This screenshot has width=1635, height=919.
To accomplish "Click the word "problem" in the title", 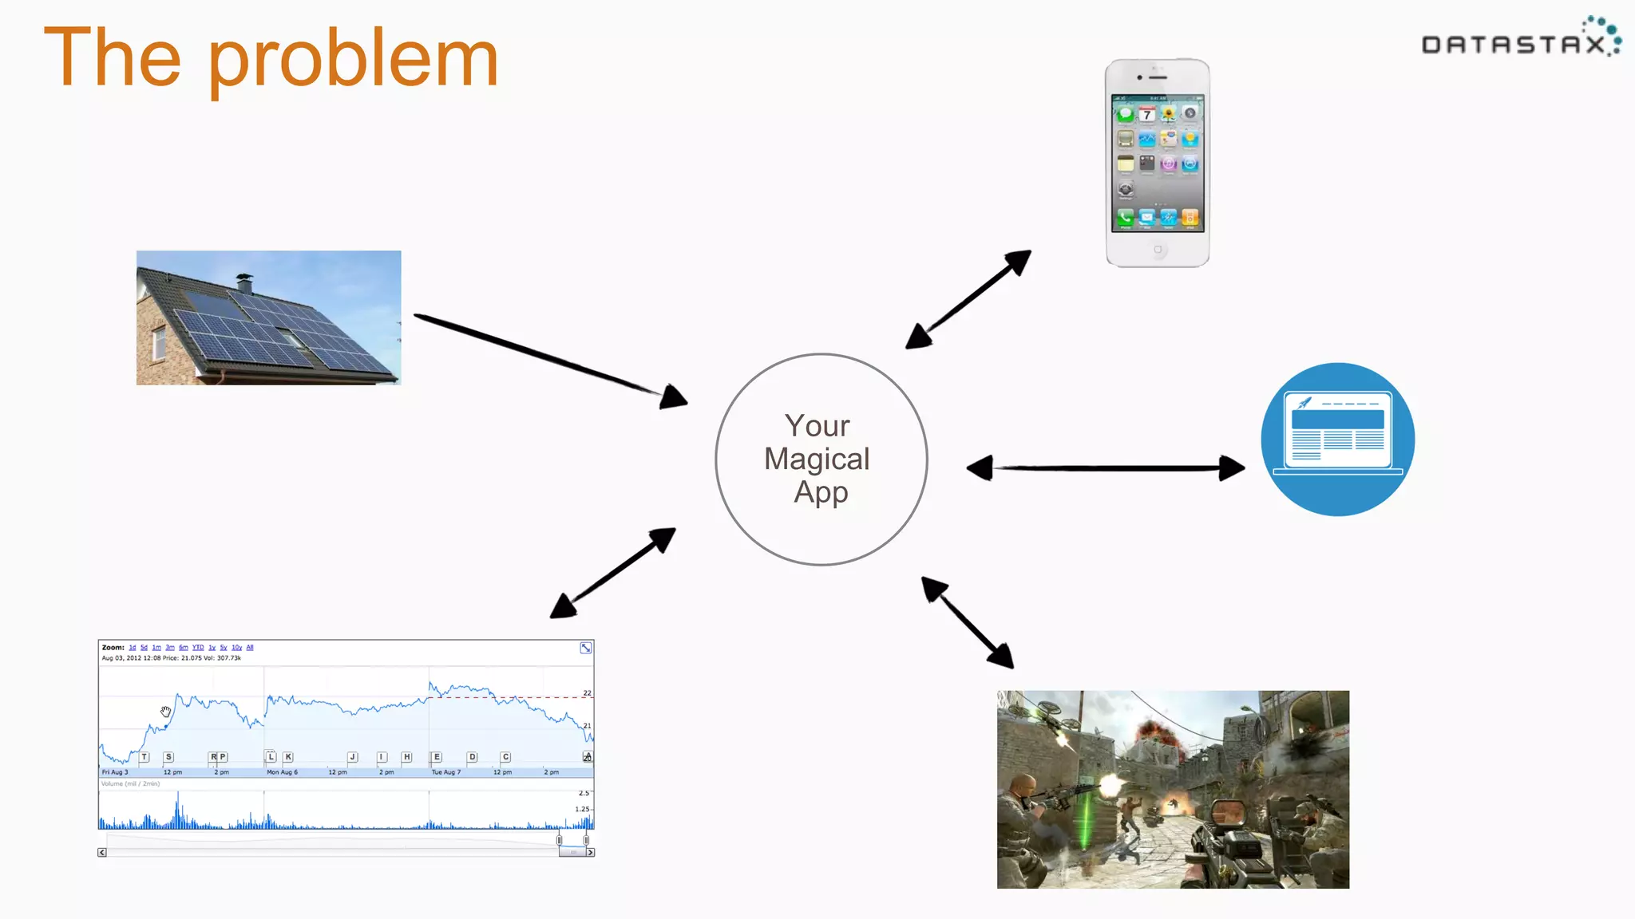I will click(353, 59).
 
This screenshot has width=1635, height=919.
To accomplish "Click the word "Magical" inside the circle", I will click(817, 459).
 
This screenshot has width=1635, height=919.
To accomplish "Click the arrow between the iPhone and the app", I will click(968, 299).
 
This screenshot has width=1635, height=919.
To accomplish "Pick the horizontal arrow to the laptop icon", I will click(1106, 468).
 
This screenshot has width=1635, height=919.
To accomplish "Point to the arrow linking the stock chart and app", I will click(613, 573).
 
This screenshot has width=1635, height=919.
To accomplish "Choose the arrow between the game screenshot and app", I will click(968, 622).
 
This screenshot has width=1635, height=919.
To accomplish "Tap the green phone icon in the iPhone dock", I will click(1126, 217).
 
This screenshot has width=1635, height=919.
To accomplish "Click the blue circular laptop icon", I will click(1338, 440).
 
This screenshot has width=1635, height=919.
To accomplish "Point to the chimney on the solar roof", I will click(244, 282).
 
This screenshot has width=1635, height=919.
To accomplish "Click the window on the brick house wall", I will click(159, 342).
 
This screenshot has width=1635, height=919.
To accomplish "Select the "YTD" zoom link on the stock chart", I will click(198, 648).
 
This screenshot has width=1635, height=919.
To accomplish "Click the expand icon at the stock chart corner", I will click(586, 648).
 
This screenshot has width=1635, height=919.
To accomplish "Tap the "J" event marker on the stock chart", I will click(352, 757).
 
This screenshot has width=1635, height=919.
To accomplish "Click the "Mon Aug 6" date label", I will click(282, 772).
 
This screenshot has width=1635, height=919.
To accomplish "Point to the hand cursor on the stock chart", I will click(165, 712).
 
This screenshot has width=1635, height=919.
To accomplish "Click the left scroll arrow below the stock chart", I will click(102, 853).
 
